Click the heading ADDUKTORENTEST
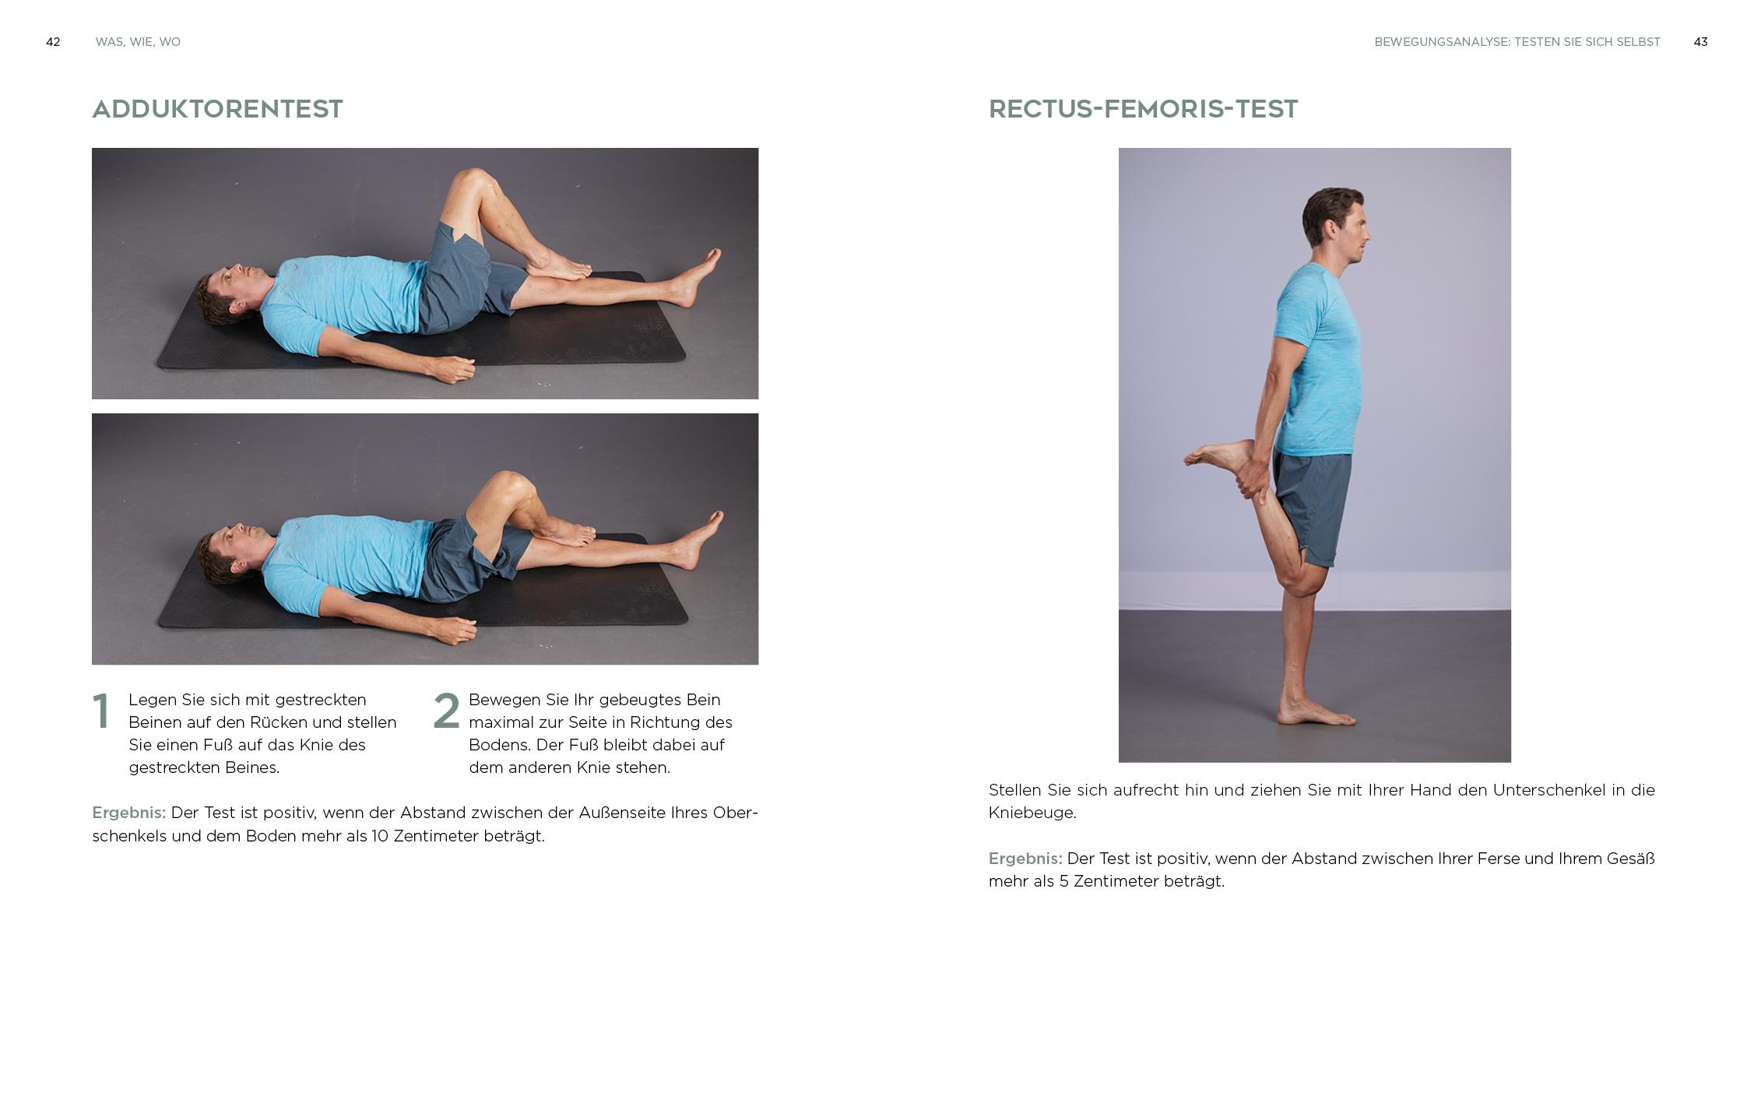(x=217, y=109)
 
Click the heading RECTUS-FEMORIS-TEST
(x=1143, y=109)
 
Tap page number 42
(x=53, y=42)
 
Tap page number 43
(x=1700, y=42)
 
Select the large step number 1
(x=101, y=711)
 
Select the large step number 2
(x=446, y=711)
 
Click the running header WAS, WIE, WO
(x=138, y=42)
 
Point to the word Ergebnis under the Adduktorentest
(x=128, y=813)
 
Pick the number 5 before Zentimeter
(x=1063, y=882)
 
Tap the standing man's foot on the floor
(x=1316, y=711)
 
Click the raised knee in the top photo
(x=469, y=183)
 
